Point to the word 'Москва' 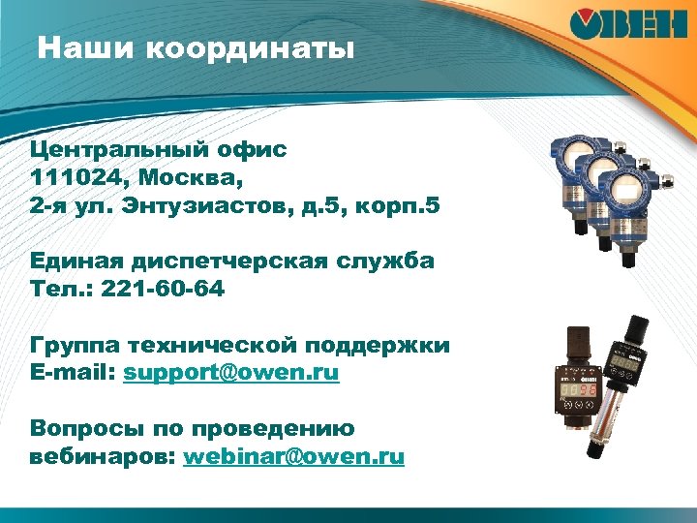click(x=193, y=179)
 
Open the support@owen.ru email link click(x=231, y=373)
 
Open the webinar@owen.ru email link click(x=293, y=456)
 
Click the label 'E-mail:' click(x=73, y=373)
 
